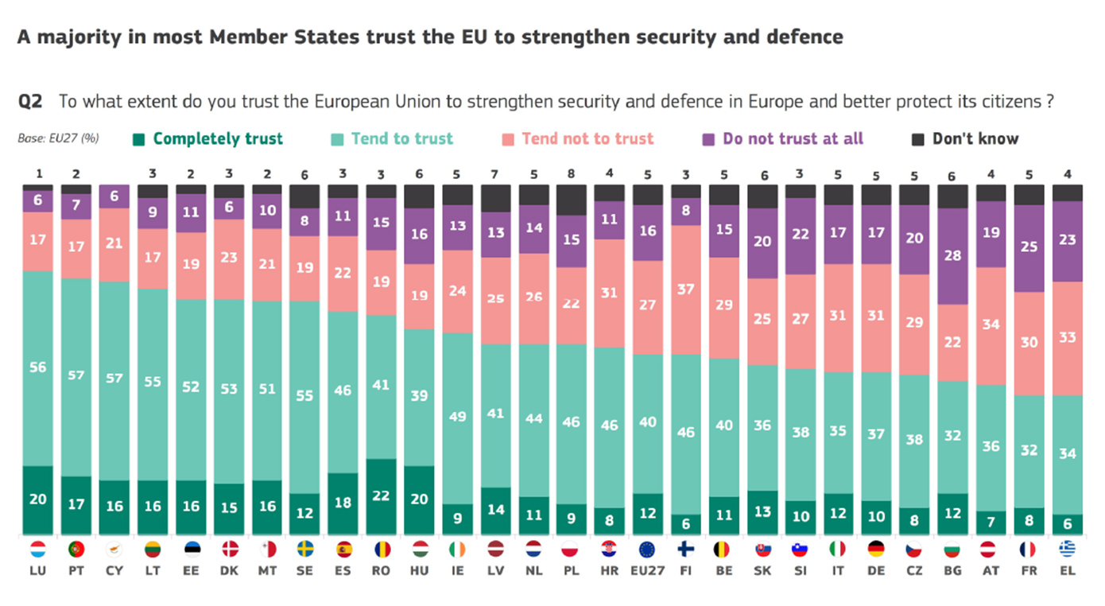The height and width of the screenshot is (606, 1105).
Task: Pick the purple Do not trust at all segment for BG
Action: click(x=953, y=256)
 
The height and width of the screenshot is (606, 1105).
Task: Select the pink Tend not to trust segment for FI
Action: click(x=686, y=289)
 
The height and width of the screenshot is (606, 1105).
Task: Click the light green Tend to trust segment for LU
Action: click(x=39, y=368)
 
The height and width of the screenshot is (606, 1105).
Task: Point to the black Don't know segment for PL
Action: click(x=572, y=200)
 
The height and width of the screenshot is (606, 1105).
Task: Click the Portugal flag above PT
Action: click(x=76, y=550)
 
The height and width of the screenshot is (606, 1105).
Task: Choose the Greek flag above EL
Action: click(x=1068, y=550)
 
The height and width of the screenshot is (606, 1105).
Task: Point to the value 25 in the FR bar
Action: click(x=1029, y=248)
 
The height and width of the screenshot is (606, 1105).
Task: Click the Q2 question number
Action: click(x=30, y=102)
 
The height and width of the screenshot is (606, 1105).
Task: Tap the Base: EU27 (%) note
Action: click(x=57, y=138)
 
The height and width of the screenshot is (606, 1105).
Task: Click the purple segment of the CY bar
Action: click(x=114, y=196)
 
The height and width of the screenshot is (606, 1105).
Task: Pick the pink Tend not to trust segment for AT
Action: click(x=991, y=325)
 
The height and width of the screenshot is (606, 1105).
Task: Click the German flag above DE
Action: click(x=876, y=550)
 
